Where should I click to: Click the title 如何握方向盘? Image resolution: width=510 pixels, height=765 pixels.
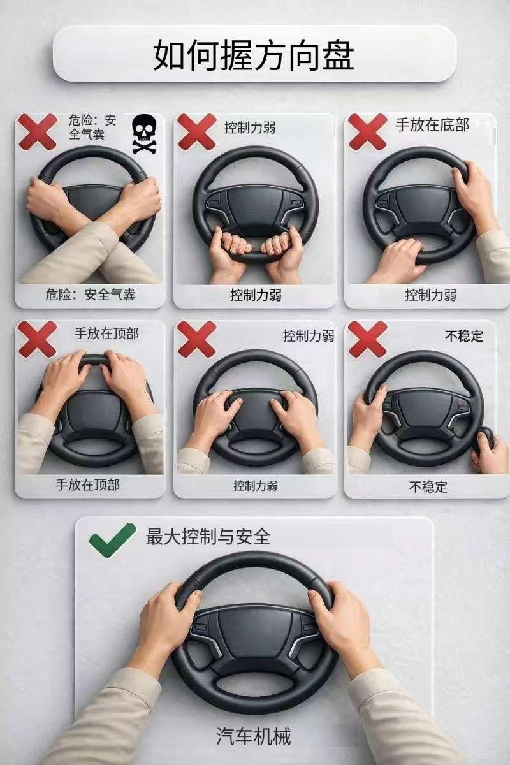pos(253,55)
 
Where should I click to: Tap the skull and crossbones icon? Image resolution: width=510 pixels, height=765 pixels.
pos(143,133)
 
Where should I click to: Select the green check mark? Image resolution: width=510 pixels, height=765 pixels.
pos(112,539)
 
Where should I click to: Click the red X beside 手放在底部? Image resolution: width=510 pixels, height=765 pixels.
pos(367,132)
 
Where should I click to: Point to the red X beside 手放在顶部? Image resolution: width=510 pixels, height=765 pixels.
pos(37,339)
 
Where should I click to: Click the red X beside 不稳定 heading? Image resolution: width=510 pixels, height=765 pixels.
pos(367,339)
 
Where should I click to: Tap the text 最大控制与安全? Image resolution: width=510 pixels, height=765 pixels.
pos(208,536)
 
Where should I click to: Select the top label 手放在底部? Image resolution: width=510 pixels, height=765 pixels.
pos(432,125)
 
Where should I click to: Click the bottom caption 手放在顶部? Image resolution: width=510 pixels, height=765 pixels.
pos(88,484)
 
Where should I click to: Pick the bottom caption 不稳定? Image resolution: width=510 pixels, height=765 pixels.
pos(428,486)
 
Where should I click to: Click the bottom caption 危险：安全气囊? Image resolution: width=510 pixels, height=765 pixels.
pos(91,294)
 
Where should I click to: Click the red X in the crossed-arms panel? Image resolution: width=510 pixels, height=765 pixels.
pos(37,132)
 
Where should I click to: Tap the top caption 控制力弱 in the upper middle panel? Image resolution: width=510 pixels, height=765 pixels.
pos(250,127)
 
